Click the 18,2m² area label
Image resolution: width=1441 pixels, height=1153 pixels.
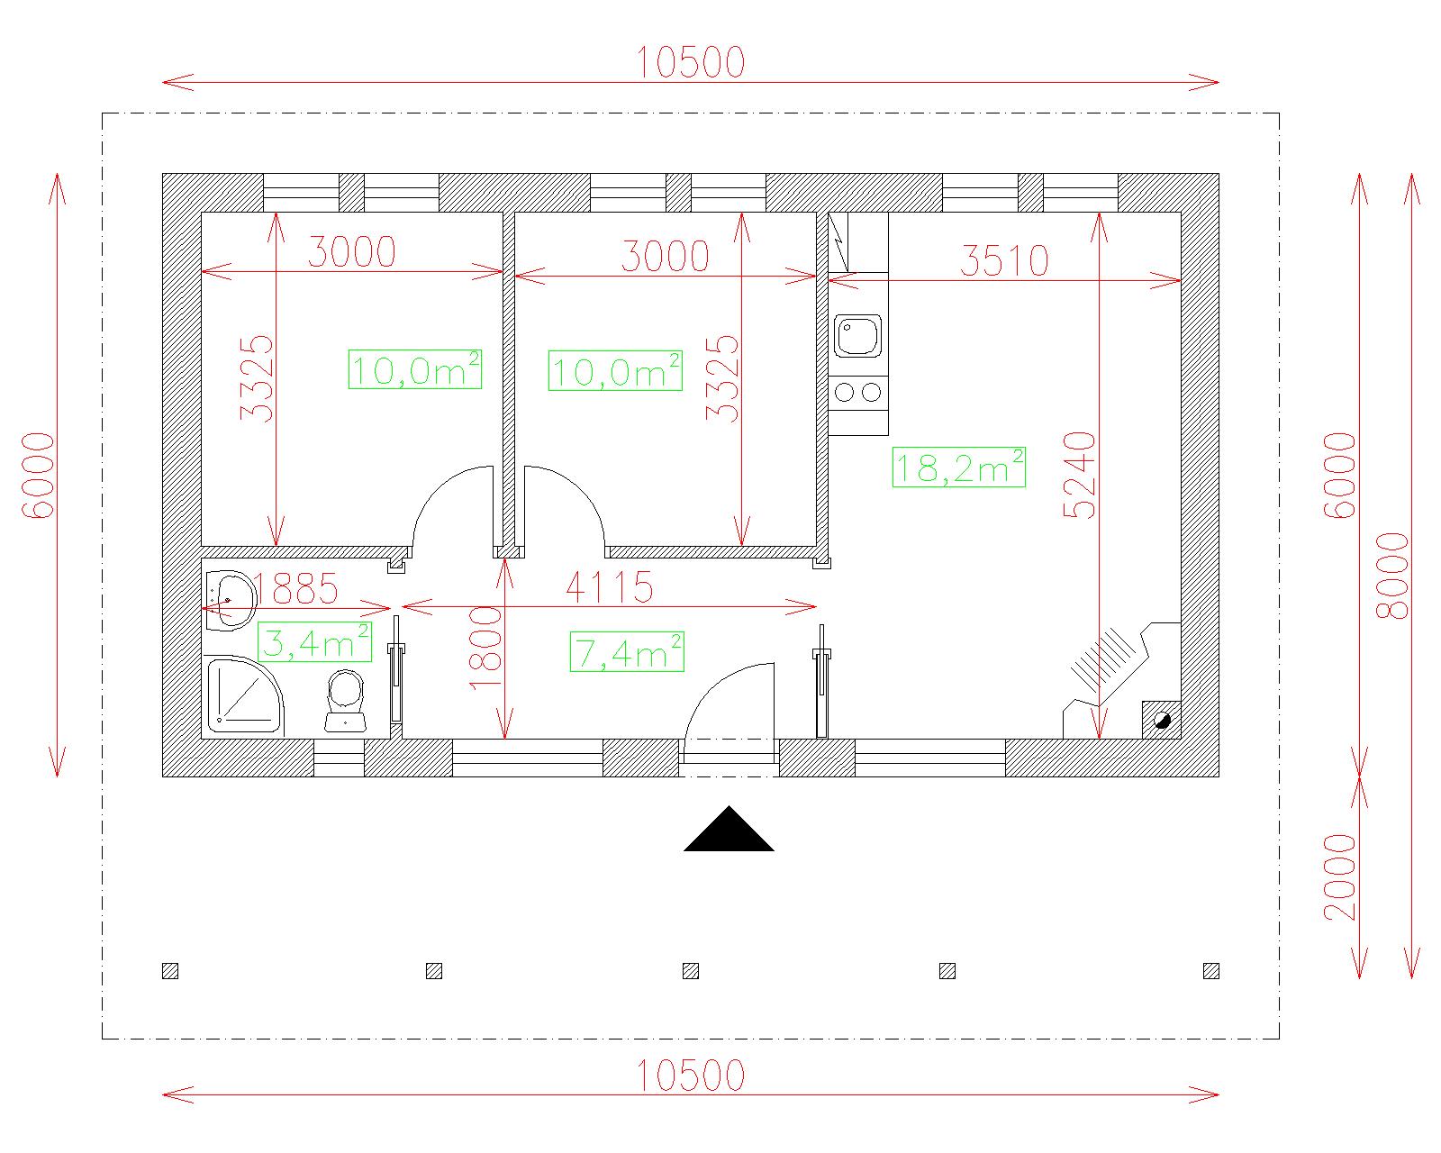(x=958, y=467)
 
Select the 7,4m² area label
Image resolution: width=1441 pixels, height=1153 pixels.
(x=627, y=652)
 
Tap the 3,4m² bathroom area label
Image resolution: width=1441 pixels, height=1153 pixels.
(x=314, y=642)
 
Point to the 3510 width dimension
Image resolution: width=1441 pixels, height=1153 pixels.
(x=1003, y=260)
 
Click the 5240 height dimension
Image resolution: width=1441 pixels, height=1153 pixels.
(x=1080, y=475)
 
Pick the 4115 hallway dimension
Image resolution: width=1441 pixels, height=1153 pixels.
(x=610, y=587)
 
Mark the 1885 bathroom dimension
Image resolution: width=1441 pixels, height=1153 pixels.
(x=295, y=589)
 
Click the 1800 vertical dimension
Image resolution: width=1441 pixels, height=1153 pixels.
(x=485, y=648)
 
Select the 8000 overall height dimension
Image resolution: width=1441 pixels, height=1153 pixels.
(x=1392, y=576)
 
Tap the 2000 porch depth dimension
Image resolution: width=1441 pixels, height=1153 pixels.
(x=1340, y=877)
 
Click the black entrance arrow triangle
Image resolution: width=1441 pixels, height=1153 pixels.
(x=729, y=829)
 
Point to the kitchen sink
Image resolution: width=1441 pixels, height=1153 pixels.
(x=857, y=336)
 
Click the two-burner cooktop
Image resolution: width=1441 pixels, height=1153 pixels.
(x=857, y=392)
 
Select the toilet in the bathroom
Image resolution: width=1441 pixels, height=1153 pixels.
(x=346, y=701)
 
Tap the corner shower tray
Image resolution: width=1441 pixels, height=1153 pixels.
(x=244, y=695)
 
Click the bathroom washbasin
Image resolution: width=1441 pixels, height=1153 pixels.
(x=230, y=600)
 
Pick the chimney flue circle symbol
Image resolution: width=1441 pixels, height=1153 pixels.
(x=1162, y=721)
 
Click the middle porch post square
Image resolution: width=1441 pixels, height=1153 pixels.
(x=691, y=971)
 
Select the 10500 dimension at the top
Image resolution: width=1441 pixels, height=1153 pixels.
(x=691, y=62)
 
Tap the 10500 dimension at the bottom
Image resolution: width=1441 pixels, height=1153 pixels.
(x=691, y=1076)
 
